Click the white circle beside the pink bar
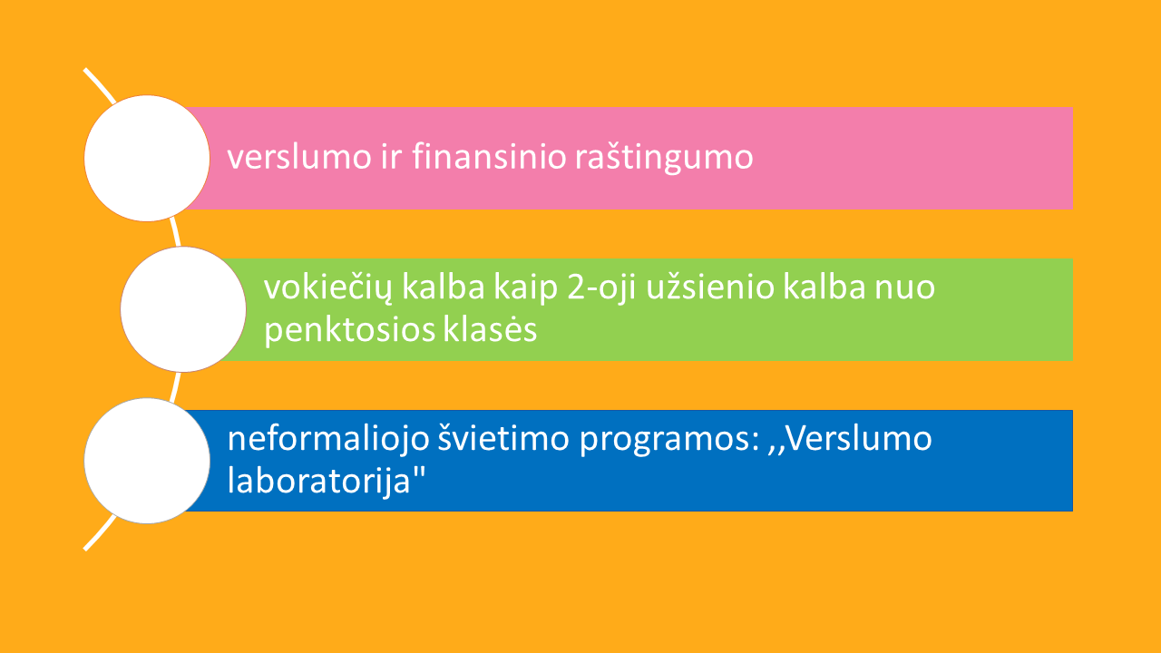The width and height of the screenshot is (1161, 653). [147, 158]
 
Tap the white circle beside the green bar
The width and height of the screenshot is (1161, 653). [183, 309]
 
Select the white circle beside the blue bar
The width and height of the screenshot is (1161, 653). [147, 461]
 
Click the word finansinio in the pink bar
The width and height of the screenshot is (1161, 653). [489, 156]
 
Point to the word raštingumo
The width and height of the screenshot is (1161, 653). [664, 158]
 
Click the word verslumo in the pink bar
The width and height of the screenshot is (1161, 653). [299, 156]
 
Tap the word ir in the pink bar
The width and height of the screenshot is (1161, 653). [391, 156]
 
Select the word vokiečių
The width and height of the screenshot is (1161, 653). [328, 288]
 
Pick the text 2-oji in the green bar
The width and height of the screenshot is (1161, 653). [601, 288]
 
